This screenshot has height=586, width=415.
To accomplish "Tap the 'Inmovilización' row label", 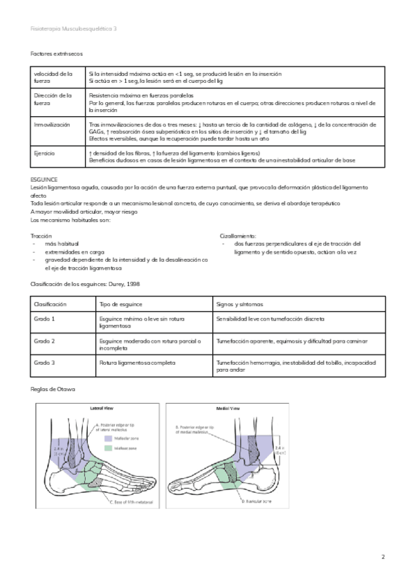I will [x=52, y=124].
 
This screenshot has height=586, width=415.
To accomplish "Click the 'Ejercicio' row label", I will [x=45, y=153].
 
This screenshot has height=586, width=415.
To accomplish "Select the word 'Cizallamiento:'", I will [x=238, y=236].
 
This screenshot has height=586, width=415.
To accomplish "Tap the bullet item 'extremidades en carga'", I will [x=75, y=252].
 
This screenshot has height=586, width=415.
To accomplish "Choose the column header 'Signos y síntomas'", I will [x=242, y=304].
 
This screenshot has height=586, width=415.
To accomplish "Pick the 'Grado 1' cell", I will [x=44, y=319].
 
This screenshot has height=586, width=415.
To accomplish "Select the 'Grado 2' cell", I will [x=44, y=341].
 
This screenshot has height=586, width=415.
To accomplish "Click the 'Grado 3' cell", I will [x=44, y=362].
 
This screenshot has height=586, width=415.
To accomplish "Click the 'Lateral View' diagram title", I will [x=101, y=408].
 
